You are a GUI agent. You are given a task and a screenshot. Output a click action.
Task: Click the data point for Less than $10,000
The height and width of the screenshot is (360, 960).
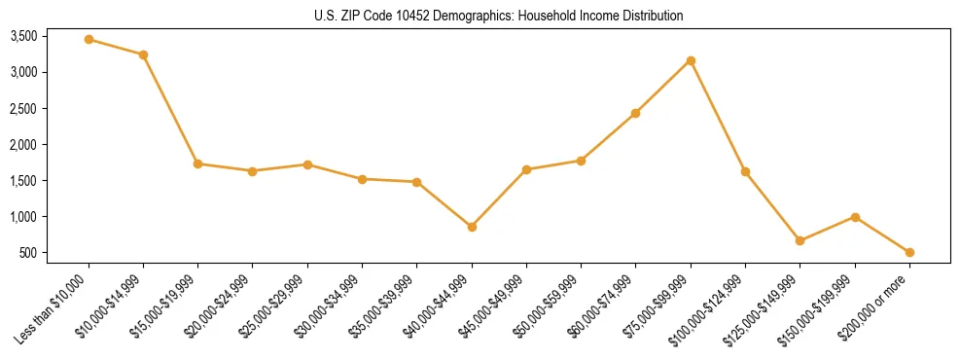pos(89,39)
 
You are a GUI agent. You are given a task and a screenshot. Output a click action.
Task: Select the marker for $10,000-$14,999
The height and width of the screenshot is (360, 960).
pos(143,54)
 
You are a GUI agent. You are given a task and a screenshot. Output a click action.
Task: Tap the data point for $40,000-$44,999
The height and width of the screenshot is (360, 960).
pos(472,227)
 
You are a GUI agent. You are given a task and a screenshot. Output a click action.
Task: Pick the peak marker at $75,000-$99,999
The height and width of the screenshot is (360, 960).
pos(691,60)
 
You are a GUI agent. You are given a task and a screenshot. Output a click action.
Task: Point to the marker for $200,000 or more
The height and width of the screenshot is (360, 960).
pos(909,252)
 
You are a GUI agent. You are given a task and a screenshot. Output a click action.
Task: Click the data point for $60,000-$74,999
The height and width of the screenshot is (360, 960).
pos(636,113)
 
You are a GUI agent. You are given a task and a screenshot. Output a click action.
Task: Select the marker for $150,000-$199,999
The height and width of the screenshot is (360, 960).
pos(855,217)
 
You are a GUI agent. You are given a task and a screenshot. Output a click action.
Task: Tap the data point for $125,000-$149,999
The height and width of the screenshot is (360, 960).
pos(800,240)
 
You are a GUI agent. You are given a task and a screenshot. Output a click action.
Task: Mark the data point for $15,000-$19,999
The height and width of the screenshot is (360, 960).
pos(197,163)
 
